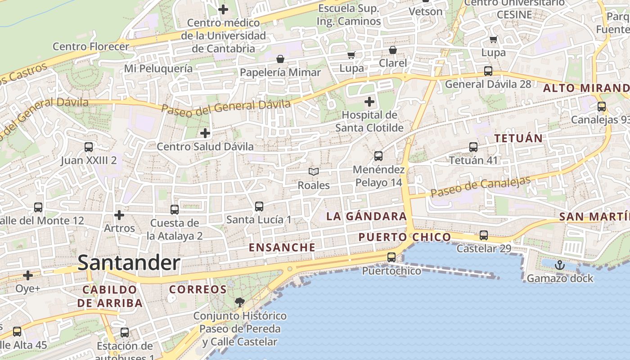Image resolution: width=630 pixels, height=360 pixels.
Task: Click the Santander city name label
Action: pyautogui.click(x=129, y=263)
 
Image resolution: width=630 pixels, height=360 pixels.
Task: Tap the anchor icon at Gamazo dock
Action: pyautogui.click(x=559, y=265)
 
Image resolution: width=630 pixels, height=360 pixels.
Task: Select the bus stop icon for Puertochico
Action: pyautogui.click(x=391, y=257)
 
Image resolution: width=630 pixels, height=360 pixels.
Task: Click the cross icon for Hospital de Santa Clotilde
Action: pyautogui.click(x=369, y=102)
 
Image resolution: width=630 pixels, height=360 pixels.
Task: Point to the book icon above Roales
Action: pyautogui.click(x=314, y=172)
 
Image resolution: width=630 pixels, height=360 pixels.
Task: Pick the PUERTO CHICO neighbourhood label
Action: pyautogui.click(x=405, y=237)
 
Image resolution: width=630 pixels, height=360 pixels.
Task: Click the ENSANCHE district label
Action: pyautogui.click(x=282, y=247)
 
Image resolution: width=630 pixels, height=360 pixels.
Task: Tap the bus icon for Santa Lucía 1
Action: pyautogui.click(x=259, y=207)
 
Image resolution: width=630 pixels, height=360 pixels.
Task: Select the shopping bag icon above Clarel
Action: pyautogui.click(x=393, y=50)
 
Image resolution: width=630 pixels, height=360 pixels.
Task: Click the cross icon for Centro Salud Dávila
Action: pyautogui.click(x=205, y=133)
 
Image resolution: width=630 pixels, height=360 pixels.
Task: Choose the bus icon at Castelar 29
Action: pyautogui.click(x=484, y=235)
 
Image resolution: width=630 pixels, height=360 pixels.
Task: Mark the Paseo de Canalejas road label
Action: pyautogui.click(x=481, y=186)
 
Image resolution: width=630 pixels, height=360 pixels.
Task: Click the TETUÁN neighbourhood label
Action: pyautogui.click(x=519, y=138)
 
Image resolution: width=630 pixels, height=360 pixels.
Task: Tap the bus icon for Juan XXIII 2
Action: pyautogui.click(x=89, y=147)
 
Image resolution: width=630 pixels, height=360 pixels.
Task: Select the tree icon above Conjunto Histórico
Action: pyautogui.click(x=240, y=302)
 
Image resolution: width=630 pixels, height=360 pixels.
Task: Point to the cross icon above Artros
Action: pyautogui.click(x=119, y=215)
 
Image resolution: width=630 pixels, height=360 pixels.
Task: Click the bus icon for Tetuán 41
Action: pyautogui.click(x=473, y=147)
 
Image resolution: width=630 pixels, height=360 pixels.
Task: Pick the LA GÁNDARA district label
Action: pyautogui.click(x=366, y=216)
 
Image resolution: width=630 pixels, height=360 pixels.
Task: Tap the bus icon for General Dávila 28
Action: pyautogui.click(x=488, y=71)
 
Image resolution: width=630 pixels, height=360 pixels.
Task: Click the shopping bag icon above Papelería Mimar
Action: pyautogui.click(x=280, y=59)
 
